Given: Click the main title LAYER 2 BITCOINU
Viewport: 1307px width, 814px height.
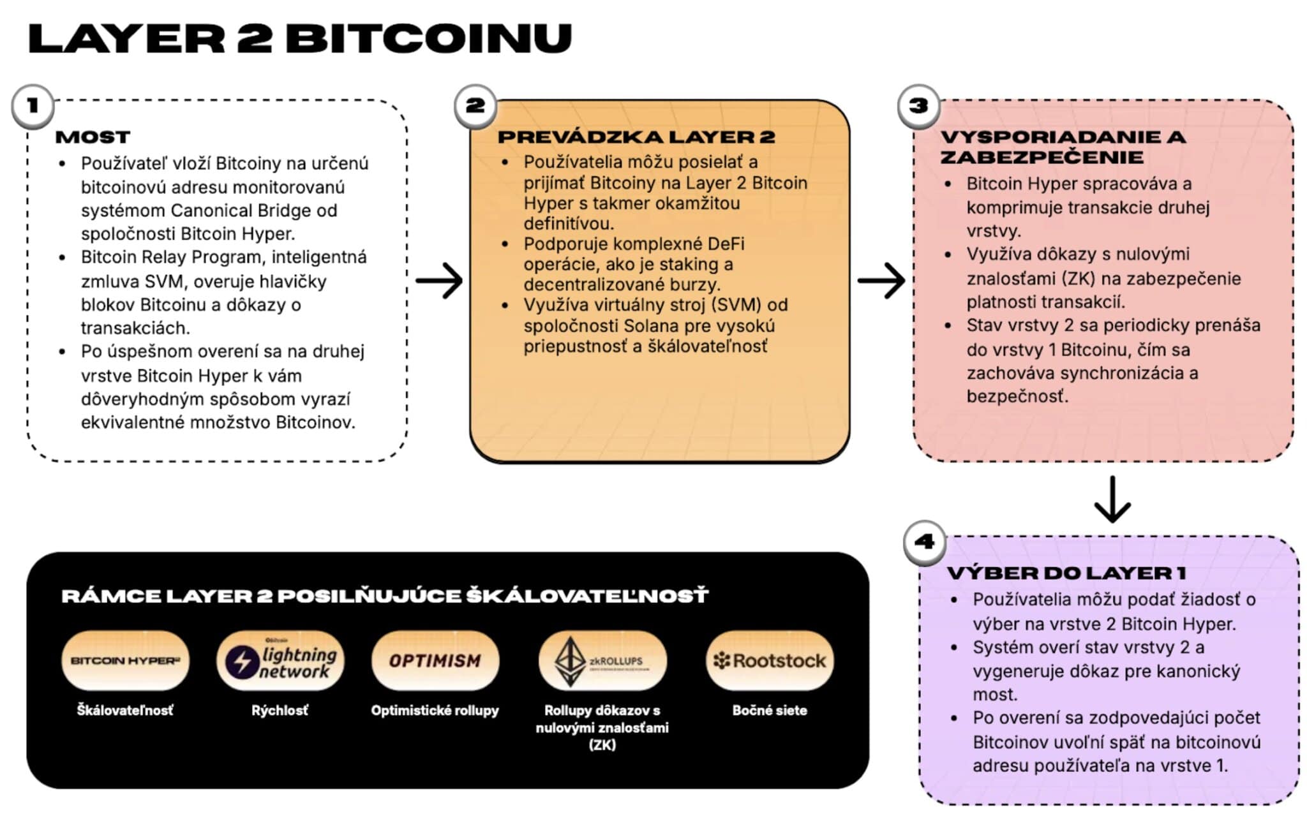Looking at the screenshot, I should click(x=300, y=38).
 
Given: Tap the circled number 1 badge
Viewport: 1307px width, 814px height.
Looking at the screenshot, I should click(x=33, y=105).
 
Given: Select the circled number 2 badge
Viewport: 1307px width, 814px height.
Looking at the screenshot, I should click(x=475, y=105).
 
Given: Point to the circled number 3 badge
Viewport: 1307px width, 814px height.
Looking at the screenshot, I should click(x=918, y=105).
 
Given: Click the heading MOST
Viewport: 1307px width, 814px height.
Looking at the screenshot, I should click(x=93, y=137).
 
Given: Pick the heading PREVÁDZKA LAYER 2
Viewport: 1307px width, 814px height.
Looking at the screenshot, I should click(x=636, y=137).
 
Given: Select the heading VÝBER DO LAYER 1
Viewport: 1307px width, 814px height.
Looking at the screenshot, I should click(x=1066, y=573).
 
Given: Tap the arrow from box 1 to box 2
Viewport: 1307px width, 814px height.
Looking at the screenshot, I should click(x=439, y=281).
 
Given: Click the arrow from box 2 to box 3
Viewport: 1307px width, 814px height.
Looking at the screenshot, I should click(x=881, y=281).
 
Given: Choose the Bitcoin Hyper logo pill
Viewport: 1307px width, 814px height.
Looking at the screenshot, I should click(x=125, y=661).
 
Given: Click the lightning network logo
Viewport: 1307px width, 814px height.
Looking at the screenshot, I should click(x=281, y=661).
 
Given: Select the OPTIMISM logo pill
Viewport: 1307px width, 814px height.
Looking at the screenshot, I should click(x=435, y=661).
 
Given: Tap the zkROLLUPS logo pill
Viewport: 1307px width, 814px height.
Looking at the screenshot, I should click(x=602, y=661).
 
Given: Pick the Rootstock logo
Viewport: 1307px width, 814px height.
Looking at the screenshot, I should click(x=770, y=661).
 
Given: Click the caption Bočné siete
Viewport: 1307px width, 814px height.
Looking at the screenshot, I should click(x=770, y=710).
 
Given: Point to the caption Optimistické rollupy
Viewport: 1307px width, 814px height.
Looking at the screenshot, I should click(x=435, y=710).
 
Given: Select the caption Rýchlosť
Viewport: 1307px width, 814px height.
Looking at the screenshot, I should click(x=280, y=710).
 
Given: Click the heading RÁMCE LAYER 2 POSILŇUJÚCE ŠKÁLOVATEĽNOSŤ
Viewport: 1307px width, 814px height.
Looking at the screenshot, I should click(x=385, y=596).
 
